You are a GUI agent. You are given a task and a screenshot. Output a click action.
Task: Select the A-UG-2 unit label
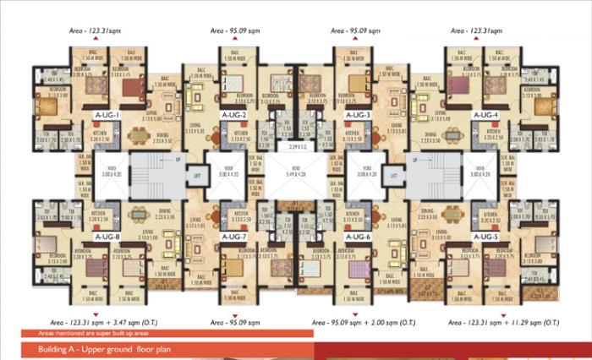pyautogui.click(x=233, y=114)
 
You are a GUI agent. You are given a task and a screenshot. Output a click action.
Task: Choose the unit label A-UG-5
pyautogui.click(x=486, y=237)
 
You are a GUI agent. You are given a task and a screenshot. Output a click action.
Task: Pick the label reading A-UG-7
pyautogui.click(x=233, y=237)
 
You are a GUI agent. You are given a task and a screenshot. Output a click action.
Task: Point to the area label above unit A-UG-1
pyautogui.click(x=95, y=30)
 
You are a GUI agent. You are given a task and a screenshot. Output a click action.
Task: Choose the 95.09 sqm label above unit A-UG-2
pyautogui.click(x=233, y=30)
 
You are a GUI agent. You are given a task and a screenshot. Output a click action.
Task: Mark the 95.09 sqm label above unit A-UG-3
pyautogui.click(x=354, y=30)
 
